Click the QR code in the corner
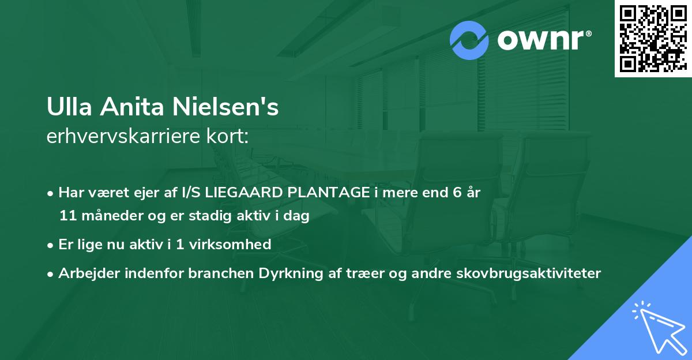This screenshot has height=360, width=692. point(652,39)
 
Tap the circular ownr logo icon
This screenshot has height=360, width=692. point(469,40)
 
